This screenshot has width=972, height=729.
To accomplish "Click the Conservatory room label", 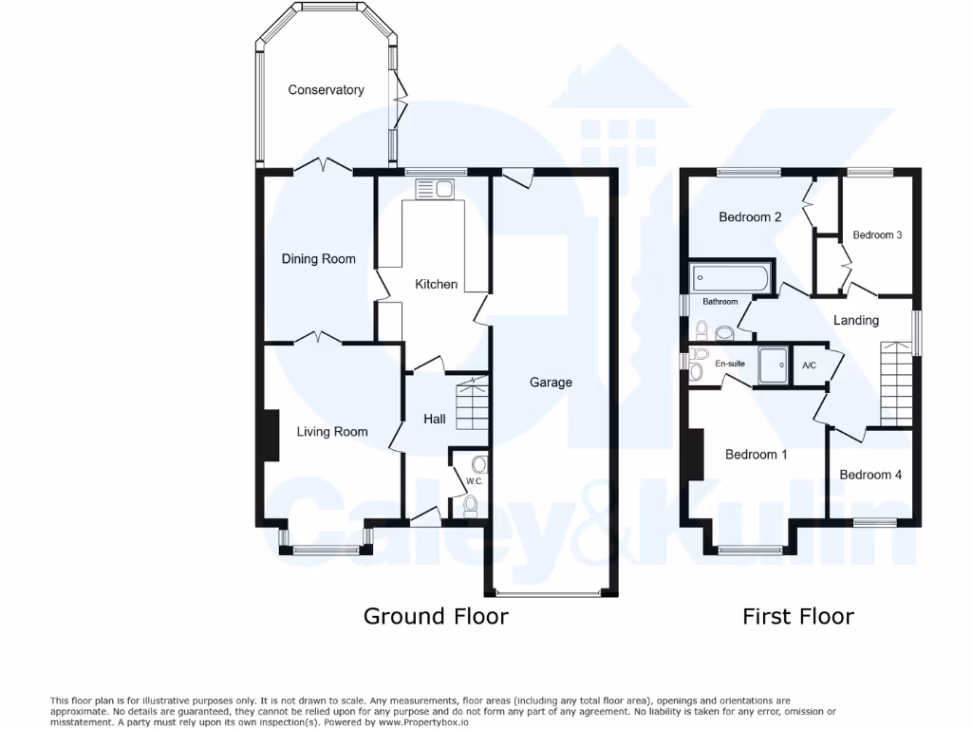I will [326, 90].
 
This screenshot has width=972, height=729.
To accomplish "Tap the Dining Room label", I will [319, 259].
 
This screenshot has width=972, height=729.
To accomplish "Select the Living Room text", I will [332, 432].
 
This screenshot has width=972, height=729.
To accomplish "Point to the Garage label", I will [551, 383].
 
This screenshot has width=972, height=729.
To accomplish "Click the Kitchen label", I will [437, 284].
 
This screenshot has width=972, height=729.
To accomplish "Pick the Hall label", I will [435, 419].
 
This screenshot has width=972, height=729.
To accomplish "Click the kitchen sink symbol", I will [436, 188].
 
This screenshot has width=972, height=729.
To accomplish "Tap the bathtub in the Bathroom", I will [731, 279].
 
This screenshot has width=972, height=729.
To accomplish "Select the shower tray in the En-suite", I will [774, 364].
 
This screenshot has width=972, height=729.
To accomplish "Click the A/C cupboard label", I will [810, 365].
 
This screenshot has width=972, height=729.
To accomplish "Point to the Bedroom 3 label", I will [877, 235].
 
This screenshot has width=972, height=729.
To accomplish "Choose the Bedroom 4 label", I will [870, 475].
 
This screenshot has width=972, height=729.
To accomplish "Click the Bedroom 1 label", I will [757, 455].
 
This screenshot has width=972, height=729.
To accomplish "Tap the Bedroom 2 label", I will [750, 217].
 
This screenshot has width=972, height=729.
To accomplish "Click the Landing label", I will [856, 321].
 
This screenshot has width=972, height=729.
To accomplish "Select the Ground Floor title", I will [436, 616].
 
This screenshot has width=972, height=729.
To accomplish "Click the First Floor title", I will [797, 616].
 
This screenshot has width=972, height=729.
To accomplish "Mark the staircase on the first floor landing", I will [896, 384].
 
